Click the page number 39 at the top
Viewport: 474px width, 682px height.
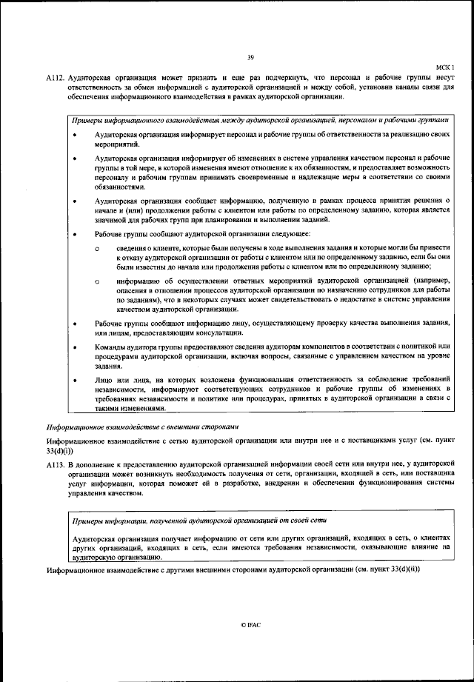250,58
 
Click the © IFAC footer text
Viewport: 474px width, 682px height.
250,625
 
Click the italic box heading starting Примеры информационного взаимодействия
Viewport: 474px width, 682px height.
258,119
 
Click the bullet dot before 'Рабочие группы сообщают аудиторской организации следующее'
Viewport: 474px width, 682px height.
76,234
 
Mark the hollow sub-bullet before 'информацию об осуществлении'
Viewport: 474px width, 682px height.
97,281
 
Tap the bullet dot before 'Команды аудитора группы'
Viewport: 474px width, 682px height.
76,347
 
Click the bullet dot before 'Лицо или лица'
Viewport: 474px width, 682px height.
76,380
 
